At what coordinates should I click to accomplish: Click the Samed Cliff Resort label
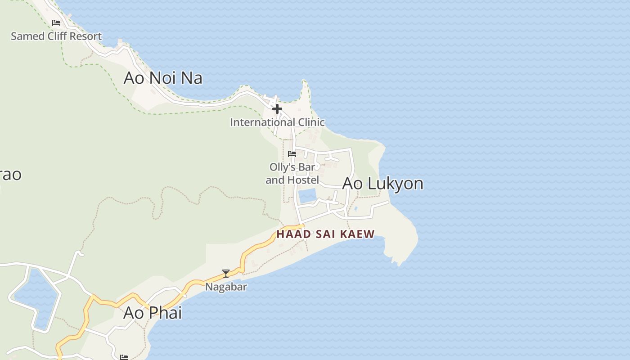pyautogui.click(x=56, y=36)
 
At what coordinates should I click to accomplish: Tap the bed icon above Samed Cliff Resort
pyautogui.click(x=56, y=23)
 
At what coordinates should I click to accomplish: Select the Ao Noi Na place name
pyautogui.click(x=163, y=78)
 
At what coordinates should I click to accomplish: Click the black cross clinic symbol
pyautogui.click(x=277, y=109)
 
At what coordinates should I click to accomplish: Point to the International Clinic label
pyautogui.click(x=277, y=122)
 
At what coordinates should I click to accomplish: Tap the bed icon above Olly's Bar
pyautogui.click(x=292, y=154)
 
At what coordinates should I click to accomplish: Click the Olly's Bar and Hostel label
pyautogui.click(x=292, y=173)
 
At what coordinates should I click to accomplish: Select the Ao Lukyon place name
pyautogui.click(x=382, y=184)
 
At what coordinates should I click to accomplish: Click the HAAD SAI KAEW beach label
pyautogui.click(x=325, y=234)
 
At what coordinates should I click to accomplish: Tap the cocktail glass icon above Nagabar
pyautogui.click(x=226, y=273)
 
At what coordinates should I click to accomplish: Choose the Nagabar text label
pyautogui.click(x=226, y=287)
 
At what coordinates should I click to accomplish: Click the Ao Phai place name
pyautogui.click(x=153, y=312)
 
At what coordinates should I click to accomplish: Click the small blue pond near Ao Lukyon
pyautogui.click(x=307, y=196)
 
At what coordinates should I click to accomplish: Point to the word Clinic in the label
pyautogui.click(x=308, y=122)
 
